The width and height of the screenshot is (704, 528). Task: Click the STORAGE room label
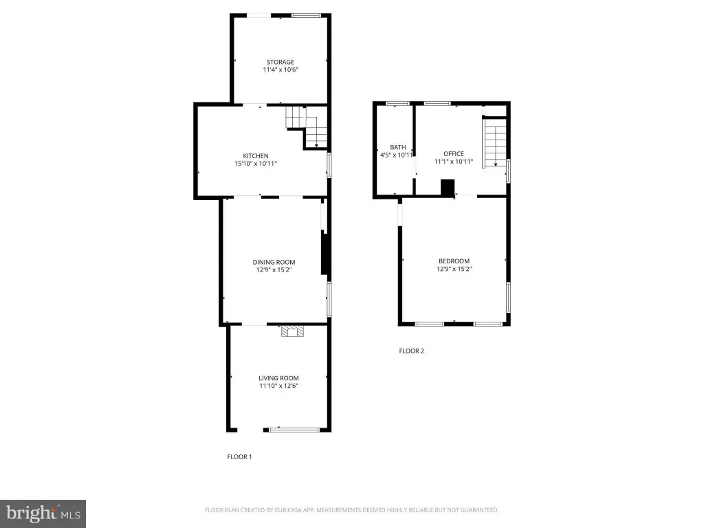coord(280,62)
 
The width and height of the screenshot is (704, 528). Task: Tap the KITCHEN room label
coord(256,156)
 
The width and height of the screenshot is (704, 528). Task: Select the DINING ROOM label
coord(274,262)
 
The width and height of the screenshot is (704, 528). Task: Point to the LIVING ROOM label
coord(278,378)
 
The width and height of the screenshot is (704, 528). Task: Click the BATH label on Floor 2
coord(398,147)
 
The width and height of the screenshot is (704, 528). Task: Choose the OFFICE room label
coord(454,153)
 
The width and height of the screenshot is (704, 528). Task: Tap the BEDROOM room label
coord(454,261)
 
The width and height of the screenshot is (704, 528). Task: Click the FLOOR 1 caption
coord(239,456)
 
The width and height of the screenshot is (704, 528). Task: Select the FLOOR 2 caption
coord(411,351)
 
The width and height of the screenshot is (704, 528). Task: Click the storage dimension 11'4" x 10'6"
coord(280,69)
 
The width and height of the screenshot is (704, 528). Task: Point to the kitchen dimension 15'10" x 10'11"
coord(256,164)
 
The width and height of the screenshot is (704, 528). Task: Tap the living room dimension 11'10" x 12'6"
coord(278,386)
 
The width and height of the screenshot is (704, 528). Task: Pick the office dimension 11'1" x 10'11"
coord(454,162)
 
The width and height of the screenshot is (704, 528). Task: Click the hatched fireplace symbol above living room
coord(292,331)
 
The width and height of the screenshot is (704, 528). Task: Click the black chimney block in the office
coord(448,188)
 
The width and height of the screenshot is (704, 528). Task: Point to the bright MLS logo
coord(43,514)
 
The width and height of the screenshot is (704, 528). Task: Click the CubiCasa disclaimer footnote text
coord(351,510)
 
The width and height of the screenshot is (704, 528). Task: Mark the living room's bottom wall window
coord(294,430)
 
